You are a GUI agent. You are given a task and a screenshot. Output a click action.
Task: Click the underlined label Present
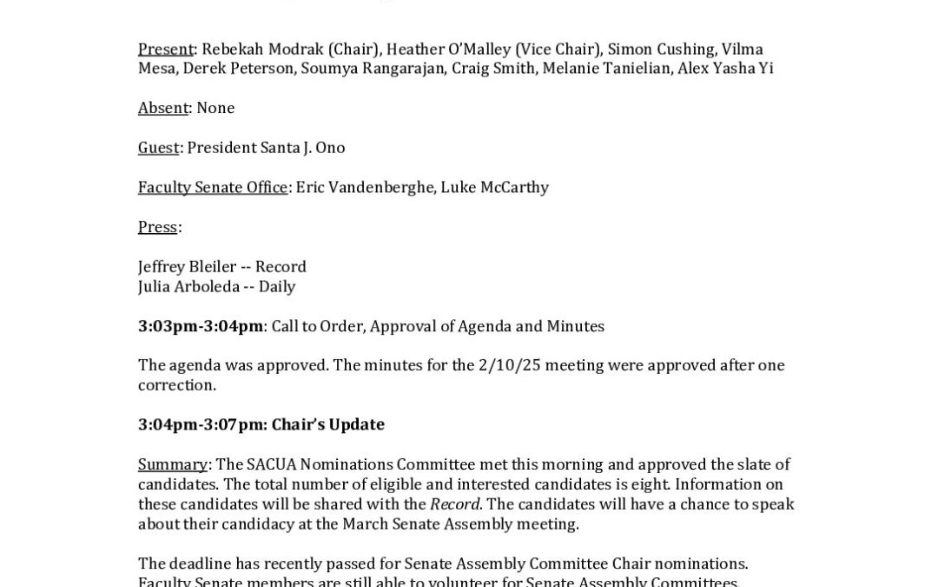165,50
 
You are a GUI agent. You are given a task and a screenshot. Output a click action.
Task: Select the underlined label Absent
163,108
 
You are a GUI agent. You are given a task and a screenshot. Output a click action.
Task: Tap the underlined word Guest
158,148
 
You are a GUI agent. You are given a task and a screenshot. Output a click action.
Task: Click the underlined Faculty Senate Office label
212,188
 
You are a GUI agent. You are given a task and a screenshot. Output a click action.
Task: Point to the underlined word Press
157,227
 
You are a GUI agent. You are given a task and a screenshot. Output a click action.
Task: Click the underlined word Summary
172,464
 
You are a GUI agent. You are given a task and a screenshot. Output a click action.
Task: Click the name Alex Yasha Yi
726,69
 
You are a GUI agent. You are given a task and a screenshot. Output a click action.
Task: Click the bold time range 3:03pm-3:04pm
201,327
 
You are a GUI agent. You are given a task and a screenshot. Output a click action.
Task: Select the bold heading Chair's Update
327,425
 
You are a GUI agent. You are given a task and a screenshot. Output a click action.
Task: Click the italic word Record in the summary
455,505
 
